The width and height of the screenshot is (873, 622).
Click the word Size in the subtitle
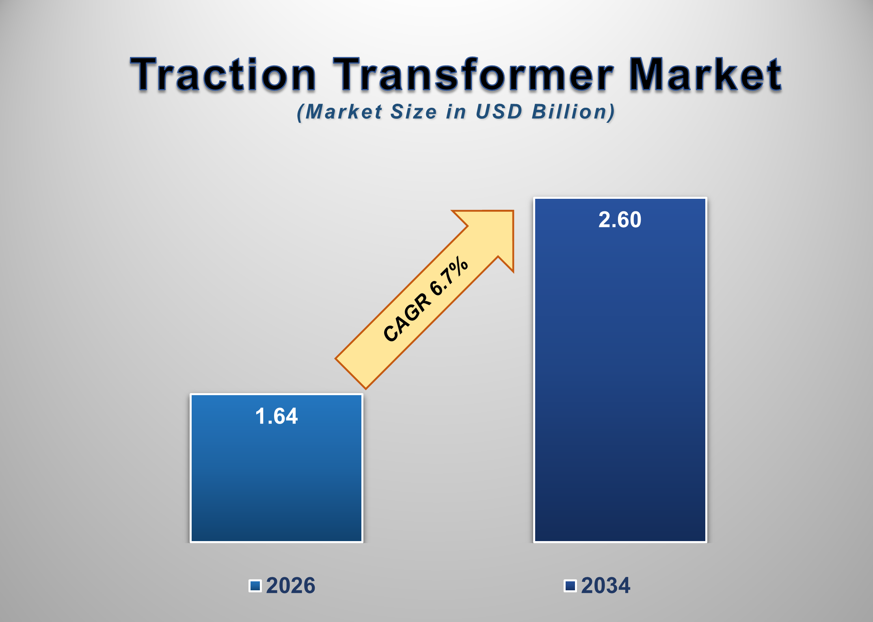(x=413, y=112)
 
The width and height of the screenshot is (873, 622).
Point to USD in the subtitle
(x=499, y=112)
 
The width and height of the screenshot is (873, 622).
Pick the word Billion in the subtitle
(x=573, y=112)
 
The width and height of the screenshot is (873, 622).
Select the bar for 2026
(x=277, y=480)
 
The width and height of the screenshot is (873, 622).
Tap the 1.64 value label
(x=277, y=416)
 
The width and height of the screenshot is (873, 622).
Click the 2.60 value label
(x=620, y=220)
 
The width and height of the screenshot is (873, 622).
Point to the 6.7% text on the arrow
(x=449, y=276)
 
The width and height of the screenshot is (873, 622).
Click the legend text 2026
(x=290, y=585)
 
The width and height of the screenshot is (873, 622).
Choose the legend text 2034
(x=605, y=585)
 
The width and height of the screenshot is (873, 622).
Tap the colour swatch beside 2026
(x=255, y=586)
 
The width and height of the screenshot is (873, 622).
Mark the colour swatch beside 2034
(x=570, y=586)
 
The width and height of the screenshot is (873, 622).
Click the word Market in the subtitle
(x=343, y=112)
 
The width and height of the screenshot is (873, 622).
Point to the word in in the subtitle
(x=456, y=112)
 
